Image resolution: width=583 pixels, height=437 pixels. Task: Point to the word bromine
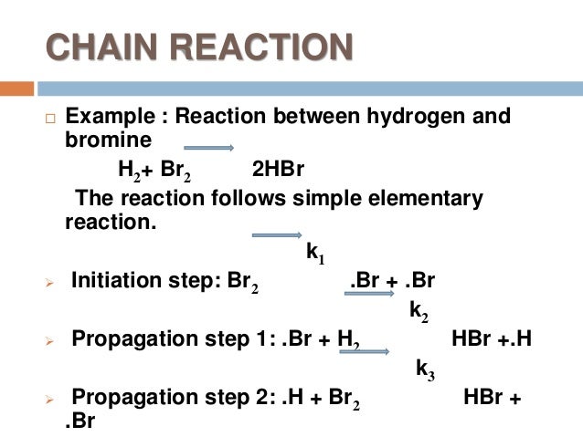108,140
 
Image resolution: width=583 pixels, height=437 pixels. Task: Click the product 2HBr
278,171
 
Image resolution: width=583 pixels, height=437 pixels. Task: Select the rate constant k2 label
419,311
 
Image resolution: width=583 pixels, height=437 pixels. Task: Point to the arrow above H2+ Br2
209,149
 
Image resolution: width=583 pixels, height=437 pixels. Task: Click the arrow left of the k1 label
276,235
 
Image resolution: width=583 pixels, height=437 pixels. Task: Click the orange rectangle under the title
16,88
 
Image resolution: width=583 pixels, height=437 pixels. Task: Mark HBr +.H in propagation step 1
492,340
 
